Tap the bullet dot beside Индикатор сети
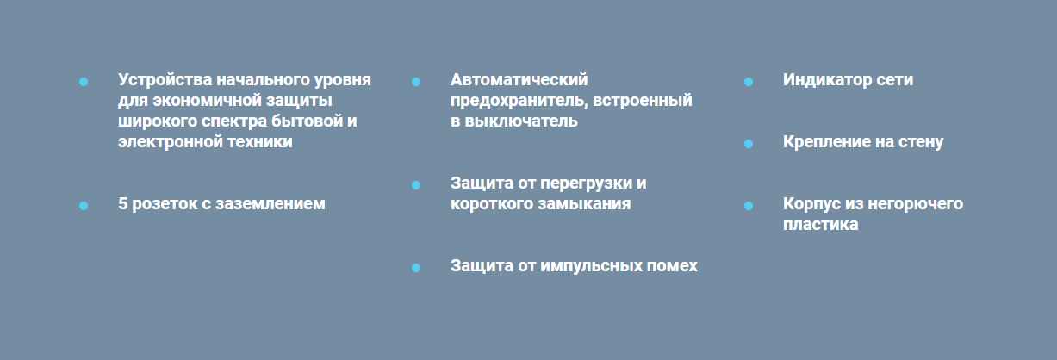tap(749, 82)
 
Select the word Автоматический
tap(519, 80)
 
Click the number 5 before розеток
tap(122, 204)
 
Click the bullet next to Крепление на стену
tap(749, 144)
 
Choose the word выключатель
tap(521, 121)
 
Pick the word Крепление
tap(828, 142)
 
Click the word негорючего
tap(916, 204)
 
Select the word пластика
tap(821, 225)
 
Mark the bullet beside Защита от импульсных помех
tap(416, 268)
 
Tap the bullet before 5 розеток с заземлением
tap(84, 206)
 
